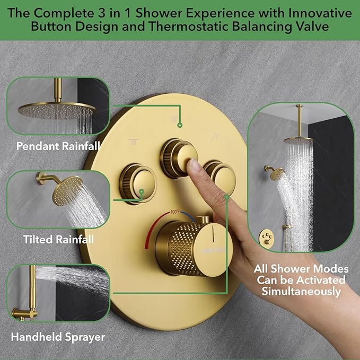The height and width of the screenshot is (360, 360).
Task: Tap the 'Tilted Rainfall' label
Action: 58,240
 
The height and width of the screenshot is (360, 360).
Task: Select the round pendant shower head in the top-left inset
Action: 56,108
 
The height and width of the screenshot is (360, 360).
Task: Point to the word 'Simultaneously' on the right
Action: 300,291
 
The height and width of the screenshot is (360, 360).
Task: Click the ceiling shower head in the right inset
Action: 300,141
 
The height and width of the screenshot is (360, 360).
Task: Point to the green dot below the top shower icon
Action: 180,126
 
